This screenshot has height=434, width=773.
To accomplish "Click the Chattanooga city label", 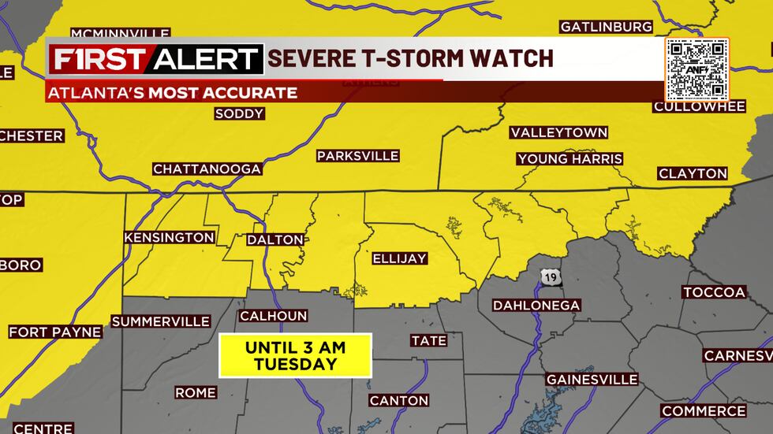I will [x=207, y=169].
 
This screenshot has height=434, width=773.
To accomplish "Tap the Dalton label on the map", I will [x=275, y=239].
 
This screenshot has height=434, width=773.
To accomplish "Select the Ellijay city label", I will [x=399, y=258].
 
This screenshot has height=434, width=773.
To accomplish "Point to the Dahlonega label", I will [x=536, y=306].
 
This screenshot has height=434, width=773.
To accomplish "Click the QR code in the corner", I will [x=696, y=69].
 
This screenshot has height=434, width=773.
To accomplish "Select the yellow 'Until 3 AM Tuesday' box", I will [x=295, y=355].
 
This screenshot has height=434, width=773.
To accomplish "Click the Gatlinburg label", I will [x=607, y=27].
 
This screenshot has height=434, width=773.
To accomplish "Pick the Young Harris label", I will [x=569, y=159].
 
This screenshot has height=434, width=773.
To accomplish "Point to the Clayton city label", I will [x=693, y=173].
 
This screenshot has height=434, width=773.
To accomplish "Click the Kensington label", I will [x=169, y=237].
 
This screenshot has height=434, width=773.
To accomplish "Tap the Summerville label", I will [x=161, y=321].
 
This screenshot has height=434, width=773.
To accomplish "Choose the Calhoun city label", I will [x=273, y=316].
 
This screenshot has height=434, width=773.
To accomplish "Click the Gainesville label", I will [x=592, y=380].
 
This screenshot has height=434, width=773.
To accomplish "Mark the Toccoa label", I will [x=714, y=292].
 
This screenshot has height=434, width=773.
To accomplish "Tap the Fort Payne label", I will [x=55, y=332].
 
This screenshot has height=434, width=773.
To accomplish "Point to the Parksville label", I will [x=358, y=156].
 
